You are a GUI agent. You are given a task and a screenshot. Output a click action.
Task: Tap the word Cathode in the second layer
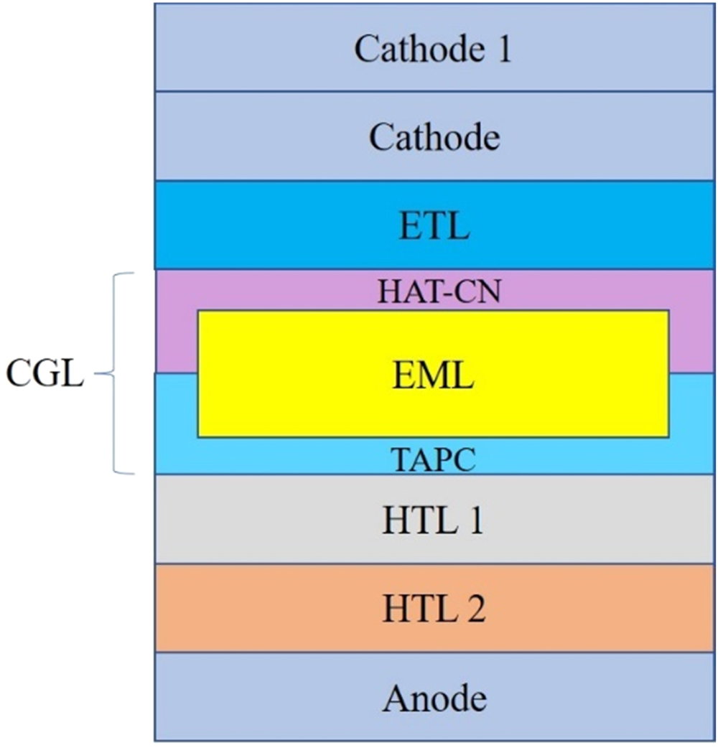[x=434, y=136]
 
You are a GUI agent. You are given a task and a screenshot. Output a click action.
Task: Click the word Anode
[x=434, y=697]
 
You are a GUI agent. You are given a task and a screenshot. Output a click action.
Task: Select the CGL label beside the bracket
[x=45, y=374]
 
